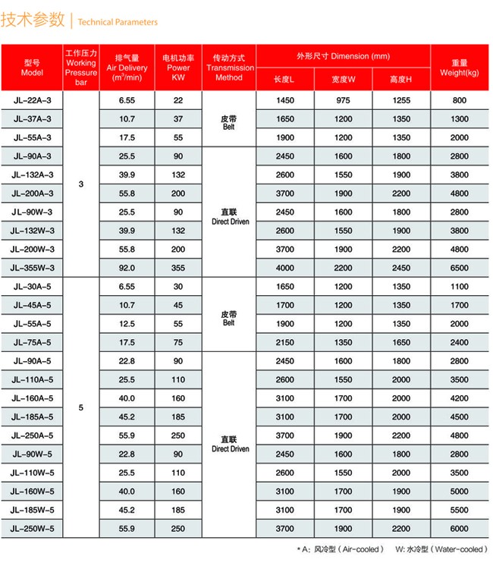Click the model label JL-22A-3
(32, 100)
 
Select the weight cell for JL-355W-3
(460, 268)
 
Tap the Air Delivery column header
(127, 67)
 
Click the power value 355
(178, 268)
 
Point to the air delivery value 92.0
(127, 268)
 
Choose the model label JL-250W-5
(32, 528)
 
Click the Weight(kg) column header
(460, 67)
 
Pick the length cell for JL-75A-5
(285, 342)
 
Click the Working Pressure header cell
(81, 67)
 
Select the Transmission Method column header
(229, 67)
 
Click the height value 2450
(400, 268)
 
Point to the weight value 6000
(460, 528)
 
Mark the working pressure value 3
(81, 184)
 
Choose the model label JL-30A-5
(32, 287)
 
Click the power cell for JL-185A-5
(178, 417)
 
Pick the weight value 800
(460, 100)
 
